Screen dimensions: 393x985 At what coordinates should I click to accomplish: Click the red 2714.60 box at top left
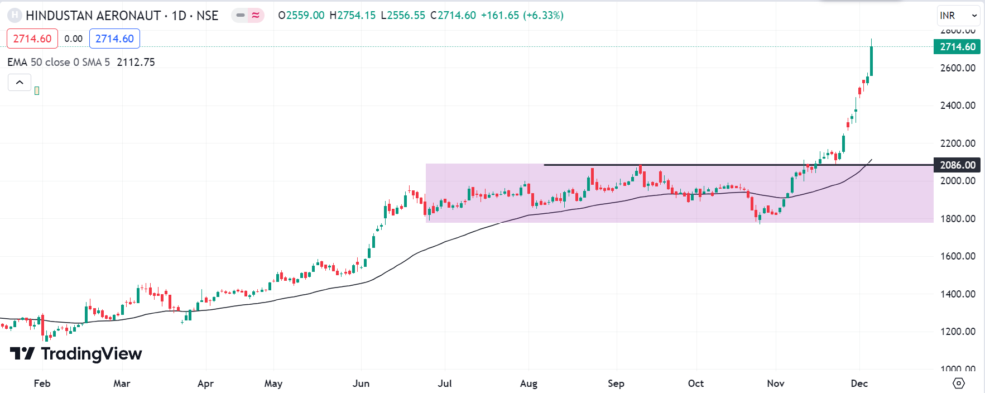tap(32, 39)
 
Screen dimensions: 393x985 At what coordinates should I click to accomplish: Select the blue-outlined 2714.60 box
tap(114, 39)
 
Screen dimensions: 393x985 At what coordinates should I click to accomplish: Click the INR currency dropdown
tap(958, 16)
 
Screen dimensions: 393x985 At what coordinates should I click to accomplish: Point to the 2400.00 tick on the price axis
tap(958, 106)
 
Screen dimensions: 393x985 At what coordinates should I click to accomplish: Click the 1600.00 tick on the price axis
tap(958, 256)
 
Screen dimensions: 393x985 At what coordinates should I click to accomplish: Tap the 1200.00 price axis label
tap(958, 332)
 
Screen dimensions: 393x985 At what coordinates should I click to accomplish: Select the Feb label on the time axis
tap(42, 384)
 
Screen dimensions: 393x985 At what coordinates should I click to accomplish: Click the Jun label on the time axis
tap(361, 384)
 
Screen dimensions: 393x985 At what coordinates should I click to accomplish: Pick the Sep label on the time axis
tap(616, 384)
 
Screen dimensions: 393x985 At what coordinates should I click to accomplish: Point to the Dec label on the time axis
tap(859, 384)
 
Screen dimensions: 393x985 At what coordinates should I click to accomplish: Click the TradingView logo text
tap(91, 354)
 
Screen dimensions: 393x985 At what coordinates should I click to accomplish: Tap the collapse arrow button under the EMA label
tap(20, 83)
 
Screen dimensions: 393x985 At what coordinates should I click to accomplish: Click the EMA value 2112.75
tap(136, 62)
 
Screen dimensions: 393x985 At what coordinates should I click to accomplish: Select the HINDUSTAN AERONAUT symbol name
tap(93, 16)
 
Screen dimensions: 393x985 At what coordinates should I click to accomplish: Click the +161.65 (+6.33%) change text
tap(522, 16)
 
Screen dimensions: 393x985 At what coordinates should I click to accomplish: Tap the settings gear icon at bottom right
tap(958, 384)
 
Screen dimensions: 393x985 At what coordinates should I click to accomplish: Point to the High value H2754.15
tap(353, 16)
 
